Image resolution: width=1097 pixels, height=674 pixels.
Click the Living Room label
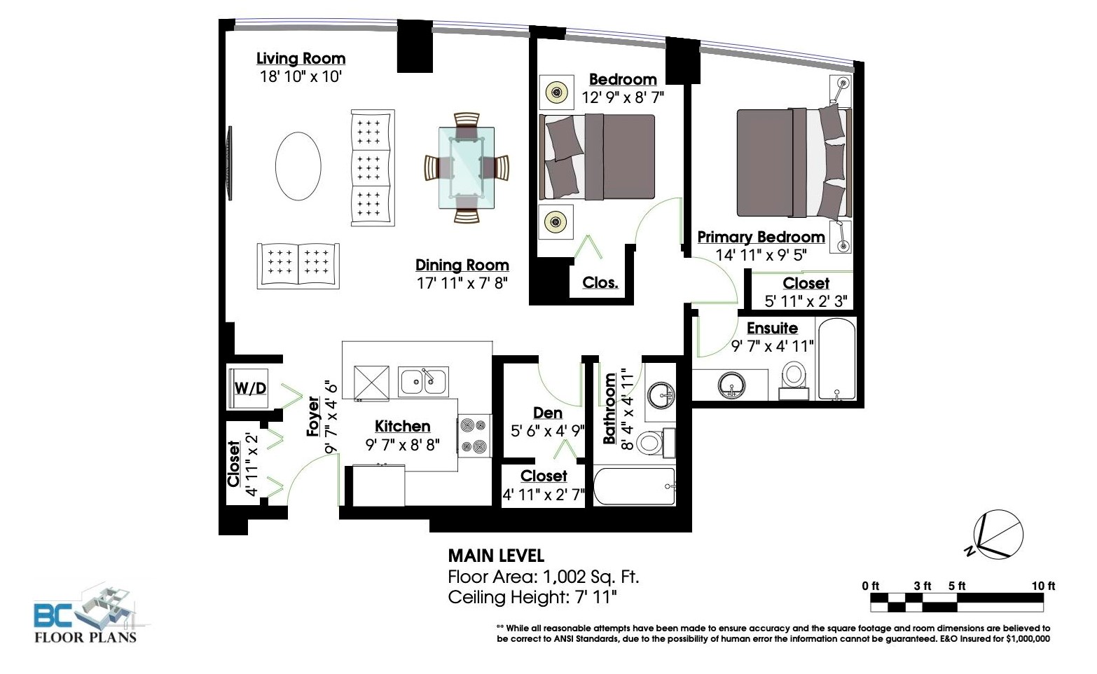point(301,58)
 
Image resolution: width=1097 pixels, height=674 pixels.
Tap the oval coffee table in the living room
point(298,166)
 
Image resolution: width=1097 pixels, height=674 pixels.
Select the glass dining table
point(467,167)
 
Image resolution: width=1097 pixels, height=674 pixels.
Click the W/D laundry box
point(248,388)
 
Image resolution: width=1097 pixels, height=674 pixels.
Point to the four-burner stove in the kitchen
point(474,436)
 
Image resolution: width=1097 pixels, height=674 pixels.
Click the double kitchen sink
point(423,381)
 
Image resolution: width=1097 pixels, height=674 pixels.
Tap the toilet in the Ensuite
point(794,380)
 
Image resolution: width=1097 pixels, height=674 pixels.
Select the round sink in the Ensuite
point(731,385)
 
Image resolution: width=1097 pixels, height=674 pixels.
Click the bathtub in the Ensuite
point(836,359)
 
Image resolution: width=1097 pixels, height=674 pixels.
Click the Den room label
point(548,413)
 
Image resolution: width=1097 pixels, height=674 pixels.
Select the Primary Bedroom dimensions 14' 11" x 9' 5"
point(761,255)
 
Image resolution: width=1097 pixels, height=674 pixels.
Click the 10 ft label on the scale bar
point(1043,586)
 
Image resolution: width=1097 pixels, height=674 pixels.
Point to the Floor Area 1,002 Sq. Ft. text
point(544,577)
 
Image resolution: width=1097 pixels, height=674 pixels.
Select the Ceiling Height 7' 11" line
point(532,598)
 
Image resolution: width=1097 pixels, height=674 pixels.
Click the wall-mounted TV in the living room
point(228,163)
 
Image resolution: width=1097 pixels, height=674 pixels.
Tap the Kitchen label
point(403,426)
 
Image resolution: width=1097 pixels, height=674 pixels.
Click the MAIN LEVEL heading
point(496,556)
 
